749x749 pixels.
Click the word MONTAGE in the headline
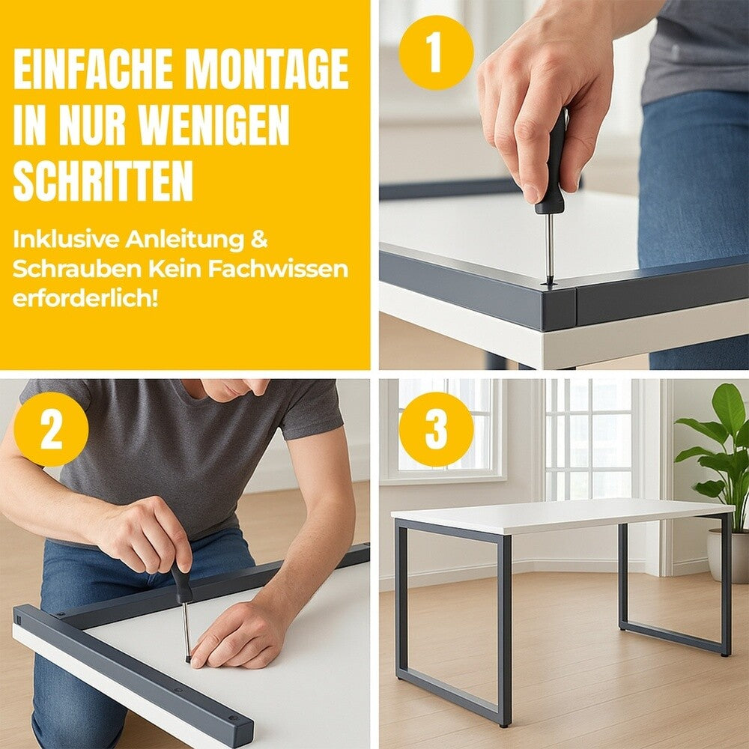(x=267, y=69)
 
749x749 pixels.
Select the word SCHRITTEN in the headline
(x=103, y=181)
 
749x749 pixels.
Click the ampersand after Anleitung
(x=259, y=240)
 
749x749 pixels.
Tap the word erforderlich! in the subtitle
(x=85, y=299)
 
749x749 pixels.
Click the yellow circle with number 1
(x=436, y=52)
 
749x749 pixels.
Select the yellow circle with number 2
(x=51, y=429)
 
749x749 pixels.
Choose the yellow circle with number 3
(x=436, y=429)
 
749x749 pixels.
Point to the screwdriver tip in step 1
(x=549, y=284)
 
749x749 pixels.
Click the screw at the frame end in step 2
(x=233, y=718)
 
